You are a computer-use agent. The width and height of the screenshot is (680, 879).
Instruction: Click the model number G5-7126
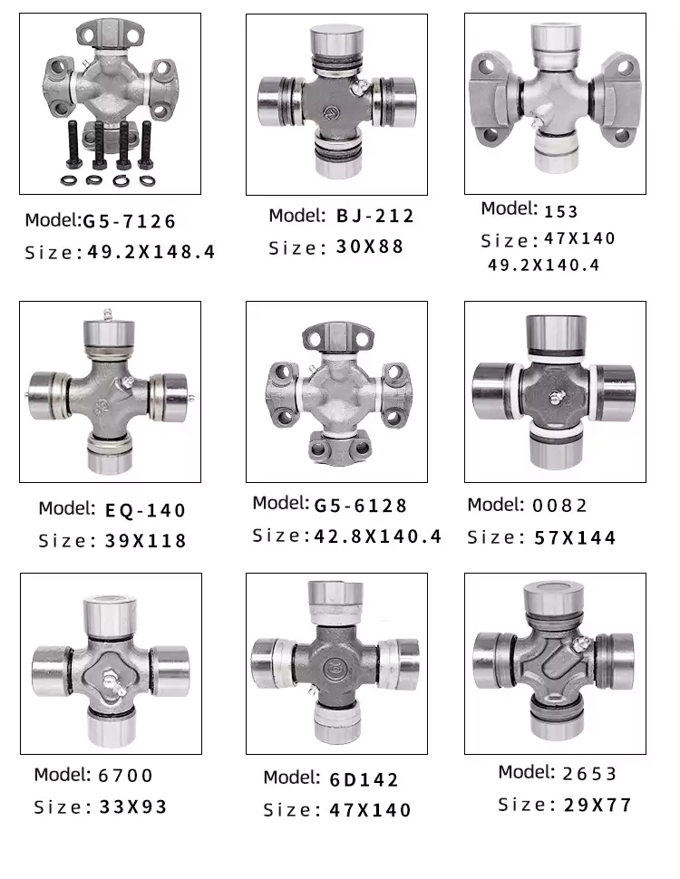click(129, 220)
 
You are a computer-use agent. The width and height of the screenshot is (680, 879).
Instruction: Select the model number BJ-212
click(374, 216)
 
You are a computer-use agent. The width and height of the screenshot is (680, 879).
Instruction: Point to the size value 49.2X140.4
click(543, 266)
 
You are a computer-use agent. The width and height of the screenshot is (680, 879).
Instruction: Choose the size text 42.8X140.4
click(377, 536)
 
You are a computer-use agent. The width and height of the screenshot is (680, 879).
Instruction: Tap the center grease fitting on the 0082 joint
click(555, 396)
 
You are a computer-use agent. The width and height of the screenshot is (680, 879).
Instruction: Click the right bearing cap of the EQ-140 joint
click(172, 395)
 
